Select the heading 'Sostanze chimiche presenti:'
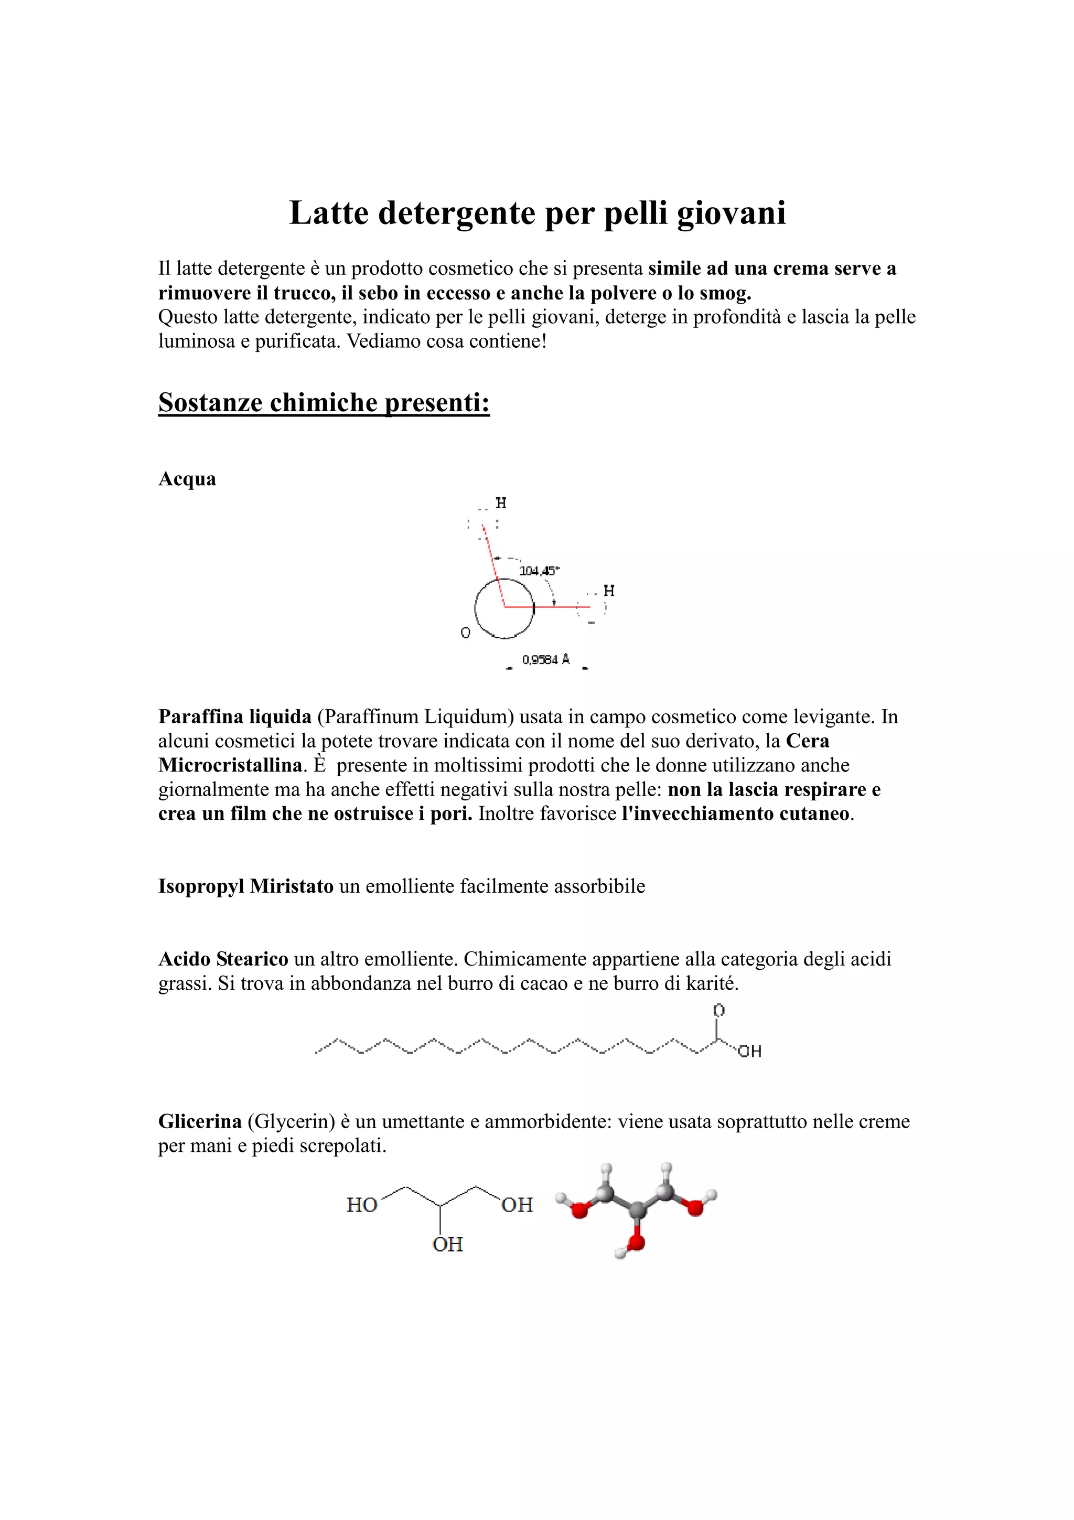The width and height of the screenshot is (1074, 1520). (324, 402)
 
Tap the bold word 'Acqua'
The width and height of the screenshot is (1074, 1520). (187, 479)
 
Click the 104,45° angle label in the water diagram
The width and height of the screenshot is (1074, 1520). (539, 570)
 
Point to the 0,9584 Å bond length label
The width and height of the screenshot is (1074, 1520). (546, 659)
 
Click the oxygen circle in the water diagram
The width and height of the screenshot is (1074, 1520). (504, 608)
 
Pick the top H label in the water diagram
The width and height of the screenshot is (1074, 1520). (501, 503)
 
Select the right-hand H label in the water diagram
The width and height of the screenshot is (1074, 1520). (609, 591)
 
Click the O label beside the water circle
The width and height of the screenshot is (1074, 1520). (465, 633)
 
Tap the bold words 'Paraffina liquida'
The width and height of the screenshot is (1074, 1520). (235, 717)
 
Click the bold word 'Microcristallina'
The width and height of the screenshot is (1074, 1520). (230, 765)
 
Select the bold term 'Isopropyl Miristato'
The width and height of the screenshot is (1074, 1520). (245, 886)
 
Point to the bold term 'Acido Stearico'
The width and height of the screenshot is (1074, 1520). (223, 959)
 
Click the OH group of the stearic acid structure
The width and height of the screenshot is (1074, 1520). (750, 1051)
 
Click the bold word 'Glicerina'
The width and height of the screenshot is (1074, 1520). (200, 1121)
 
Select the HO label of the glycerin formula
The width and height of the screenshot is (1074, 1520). (362, 1205)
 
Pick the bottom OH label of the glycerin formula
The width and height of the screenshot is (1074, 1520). (448, 1245)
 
